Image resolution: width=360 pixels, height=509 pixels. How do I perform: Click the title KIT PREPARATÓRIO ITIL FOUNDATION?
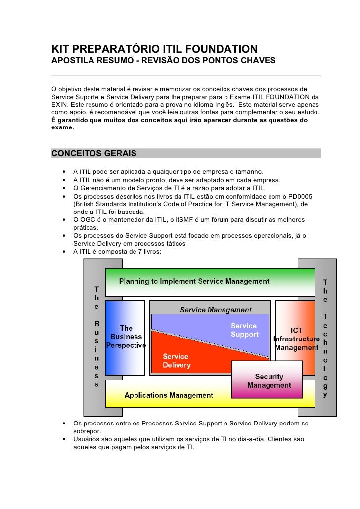point(154,49)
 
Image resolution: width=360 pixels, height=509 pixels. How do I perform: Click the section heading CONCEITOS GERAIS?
point(93,153)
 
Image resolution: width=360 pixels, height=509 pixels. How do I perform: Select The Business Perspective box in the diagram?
point(126,337)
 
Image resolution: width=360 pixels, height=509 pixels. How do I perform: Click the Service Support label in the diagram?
point(244,330)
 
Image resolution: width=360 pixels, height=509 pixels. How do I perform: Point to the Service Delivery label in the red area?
point(176,361)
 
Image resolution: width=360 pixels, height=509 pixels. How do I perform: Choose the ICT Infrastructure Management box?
point(296,339)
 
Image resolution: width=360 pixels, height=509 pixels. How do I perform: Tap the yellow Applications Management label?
point(169,395)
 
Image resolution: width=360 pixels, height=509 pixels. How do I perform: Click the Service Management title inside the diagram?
point(216,310)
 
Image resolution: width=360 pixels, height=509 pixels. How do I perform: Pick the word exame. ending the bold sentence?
point(63,127)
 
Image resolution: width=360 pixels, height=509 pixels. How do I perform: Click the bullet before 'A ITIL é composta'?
point(64,252)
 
